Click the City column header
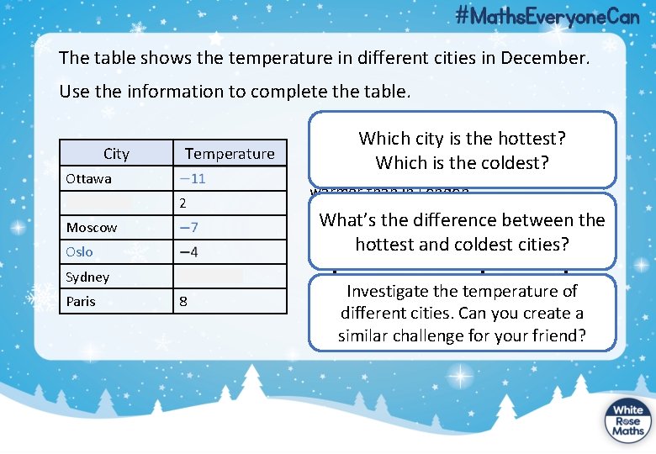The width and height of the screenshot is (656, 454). point(116,153)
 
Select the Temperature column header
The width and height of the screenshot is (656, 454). point(230,153)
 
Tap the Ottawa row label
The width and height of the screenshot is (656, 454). point(88,179)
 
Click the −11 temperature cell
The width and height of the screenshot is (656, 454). point(192,179)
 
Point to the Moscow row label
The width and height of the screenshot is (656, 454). point(92,228)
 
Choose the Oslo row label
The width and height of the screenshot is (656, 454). point(79,252)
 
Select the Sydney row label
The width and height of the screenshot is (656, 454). point(87,277)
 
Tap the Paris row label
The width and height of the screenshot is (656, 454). point(81,301)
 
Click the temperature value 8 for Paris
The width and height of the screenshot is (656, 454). point(183,301)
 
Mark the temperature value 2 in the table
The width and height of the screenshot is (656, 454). point(183,203)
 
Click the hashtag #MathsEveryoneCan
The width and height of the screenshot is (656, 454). point(548,16)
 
